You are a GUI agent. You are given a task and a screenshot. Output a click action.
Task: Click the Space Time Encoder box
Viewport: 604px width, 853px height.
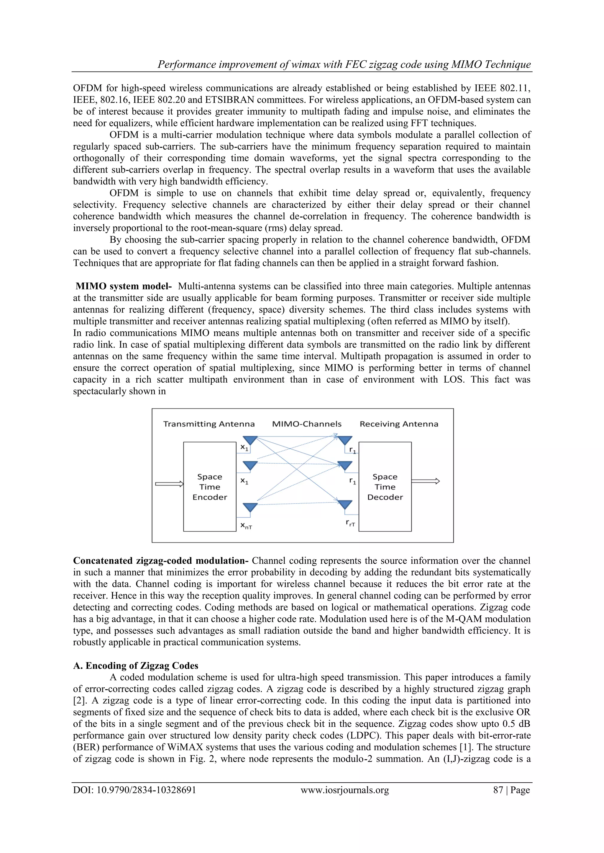[210, 487]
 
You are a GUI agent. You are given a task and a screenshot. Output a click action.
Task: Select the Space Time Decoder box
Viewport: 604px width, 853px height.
[385, 487]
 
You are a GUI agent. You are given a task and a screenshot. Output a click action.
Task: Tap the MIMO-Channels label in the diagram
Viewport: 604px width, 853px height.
[306, 424]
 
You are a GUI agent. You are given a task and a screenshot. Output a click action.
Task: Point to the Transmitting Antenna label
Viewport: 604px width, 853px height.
[209, 424]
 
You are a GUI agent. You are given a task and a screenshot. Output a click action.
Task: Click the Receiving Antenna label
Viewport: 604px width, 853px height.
[399, 424]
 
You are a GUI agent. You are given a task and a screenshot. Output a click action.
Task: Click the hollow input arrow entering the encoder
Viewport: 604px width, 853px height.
[170, 484]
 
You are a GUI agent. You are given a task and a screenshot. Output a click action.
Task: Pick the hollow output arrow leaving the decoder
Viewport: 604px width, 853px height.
[426, 481]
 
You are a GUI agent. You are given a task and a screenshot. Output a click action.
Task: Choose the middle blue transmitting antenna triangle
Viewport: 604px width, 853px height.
[250, 465]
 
